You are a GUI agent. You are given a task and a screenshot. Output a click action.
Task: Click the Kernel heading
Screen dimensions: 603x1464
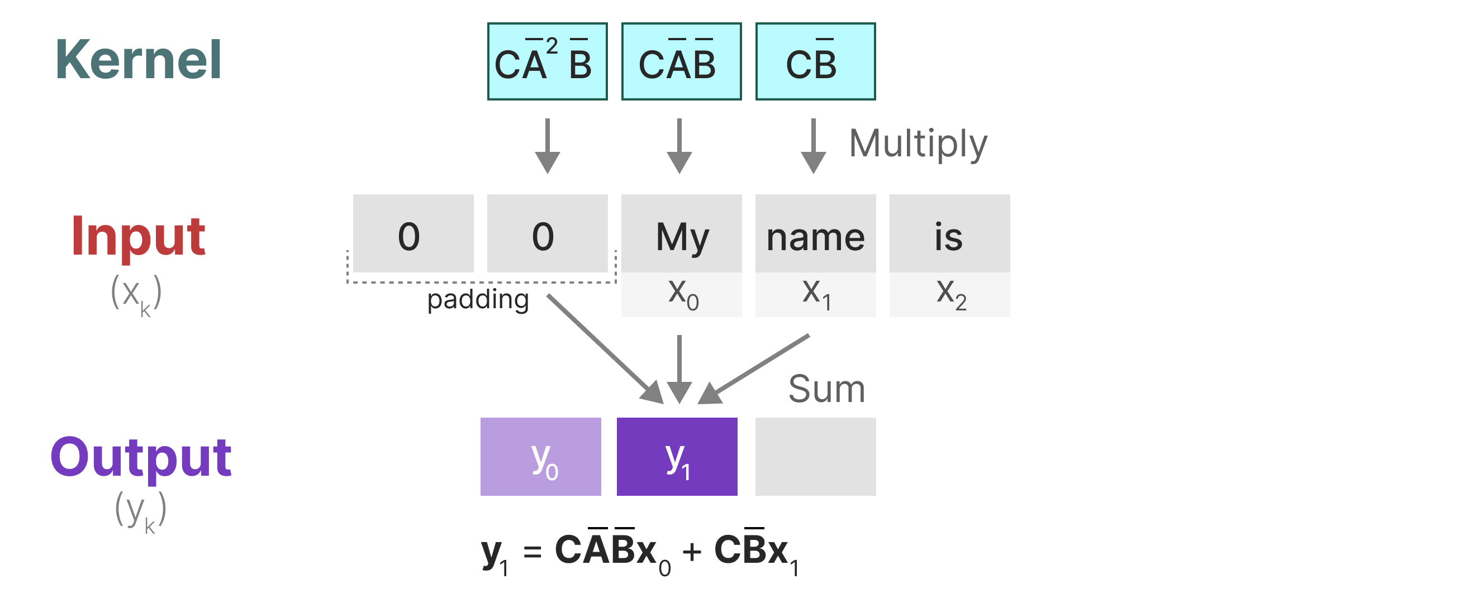(x=138, y=60)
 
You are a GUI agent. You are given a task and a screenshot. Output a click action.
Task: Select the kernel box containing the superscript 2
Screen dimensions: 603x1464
(x=547, y=61)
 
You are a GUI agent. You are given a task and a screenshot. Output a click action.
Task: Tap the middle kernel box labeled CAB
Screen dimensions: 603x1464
(x=681, y=61)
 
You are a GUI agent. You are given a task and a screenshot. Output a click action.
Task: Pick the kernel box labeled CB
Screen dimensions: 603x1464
(x=816, y=61)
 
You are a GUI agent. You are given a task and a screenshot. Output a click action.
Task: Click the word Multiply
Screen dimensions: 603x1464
(x=918, y=143)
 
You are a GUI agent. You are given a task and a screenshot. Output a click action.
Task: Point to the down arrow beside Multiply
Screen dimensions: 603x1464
(x=813, y=146)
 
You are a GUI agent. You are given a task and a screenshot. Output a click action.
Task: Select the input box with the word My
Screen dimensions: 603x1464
(x=681, y=234)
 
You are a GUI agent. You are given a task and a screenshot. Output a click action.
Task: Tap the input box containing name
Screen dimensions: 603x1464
(x=816, y=234)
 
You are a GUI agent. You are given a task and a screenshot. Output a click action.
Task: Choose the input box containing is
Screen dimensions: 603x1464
(x=950, y=234)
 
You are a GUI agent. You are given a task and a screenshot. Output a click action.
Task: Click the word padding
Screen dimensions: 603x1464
(x=478, y=299)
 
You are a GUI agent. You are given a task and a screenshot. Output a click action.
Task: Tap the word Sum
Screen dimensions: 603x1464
(x=826, y=390)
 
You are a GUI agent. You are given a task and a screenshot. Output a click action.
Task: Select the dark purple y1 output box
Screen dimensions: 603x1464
(x=677, y=457)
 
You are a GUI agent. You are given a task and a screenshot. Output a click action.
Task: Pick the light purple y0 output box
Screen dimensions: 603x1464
(x=540, y=457)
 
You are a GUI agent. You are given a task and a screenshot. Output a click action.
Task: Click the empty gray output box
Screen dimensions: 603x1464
(x=816, y=457)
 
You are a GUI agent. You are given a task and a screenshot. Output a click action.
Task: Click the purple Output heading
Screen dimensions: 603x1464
(x=140, y=458)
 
